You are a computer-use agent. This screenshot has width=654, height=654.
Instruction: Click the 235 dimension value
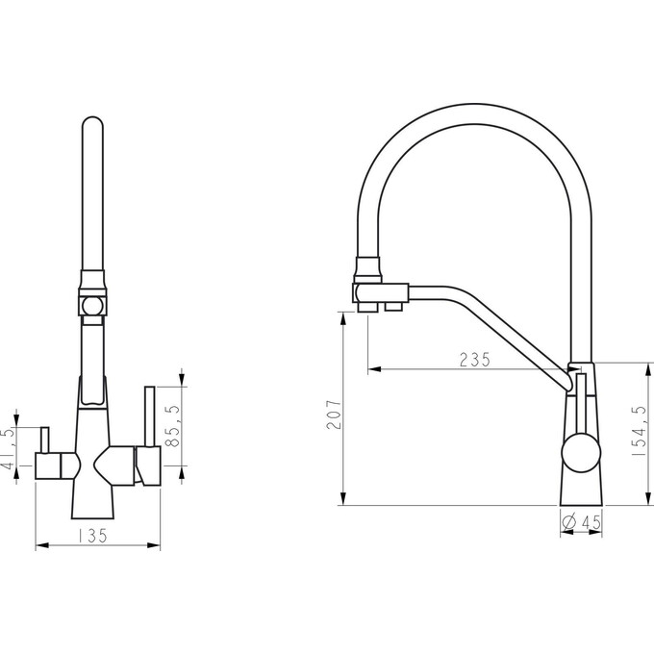475,360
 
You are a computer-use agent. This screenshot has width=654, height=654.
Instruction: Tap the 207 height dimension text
334,415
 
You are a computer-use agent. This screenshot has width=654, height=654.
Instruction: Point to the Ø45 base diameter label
582,522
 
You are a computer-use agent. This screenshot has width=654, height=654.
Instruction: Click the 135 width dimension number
92,536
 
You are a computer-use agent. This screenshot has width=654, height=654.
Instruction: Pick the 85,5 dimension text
172,426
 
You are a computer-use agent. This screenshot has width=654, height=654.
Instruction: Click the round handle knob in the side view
582,453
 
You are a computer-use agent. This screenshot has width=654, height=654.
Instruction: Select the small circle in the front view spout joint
91,307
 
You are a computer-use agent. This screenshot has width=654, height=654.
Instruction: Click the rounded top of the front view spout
92,122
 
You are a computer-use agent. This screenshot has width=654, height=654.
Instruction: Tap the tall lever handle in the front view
150,416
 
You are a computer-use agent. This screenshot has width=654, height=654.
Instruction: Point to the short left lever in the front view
44,440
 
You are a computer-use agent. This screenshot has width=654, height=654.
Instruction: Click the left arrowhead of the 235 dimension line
374,369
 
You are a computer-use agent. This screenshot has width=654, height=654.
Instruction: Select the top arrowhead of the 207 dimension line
342,318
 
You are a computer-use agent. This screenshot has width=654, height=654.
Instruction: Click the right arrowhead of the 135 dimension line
154,544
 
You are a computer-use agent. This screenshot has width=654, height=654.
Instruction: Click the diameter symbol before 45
569,522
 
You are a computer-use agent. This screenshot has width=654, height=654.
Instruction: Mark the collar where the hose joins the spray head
367,269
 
